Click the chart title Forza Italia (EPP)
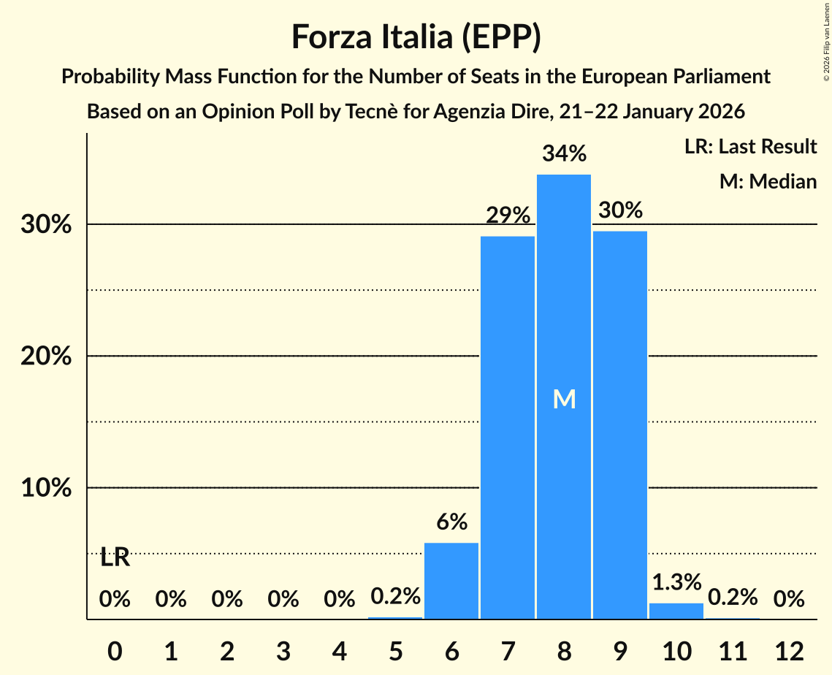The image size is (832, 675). (x=416, y=37)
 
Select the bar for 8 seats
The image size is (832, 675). (x=564, y=397)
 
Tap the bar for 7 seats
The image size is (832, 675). (x=508, y=427)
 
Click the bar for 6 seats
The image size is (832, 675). (x=451, y=581)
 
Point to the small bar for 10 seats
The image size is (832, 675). (x=676, y=611)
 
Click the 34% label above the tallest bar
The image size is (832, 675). (x=564, y=154)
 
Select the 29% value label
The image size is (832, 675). (x=508, y=216)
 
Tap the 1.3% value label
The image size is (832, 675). (x=676, y=582)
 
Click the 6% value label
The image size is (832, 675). (x=451, y=522)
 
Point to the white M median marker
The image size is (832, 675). (x=564, y=399)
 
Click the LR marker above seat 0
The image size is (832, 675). (x=115, y=558)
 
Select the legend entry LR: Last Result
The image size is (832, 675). (x=750, y=147)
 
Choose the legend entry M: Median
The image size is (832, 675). (x=768, y=181)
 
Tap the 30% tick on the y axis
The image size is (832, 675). (x=46, y=225)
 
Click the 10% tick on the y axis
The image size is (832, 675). (x=46, y=488)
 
